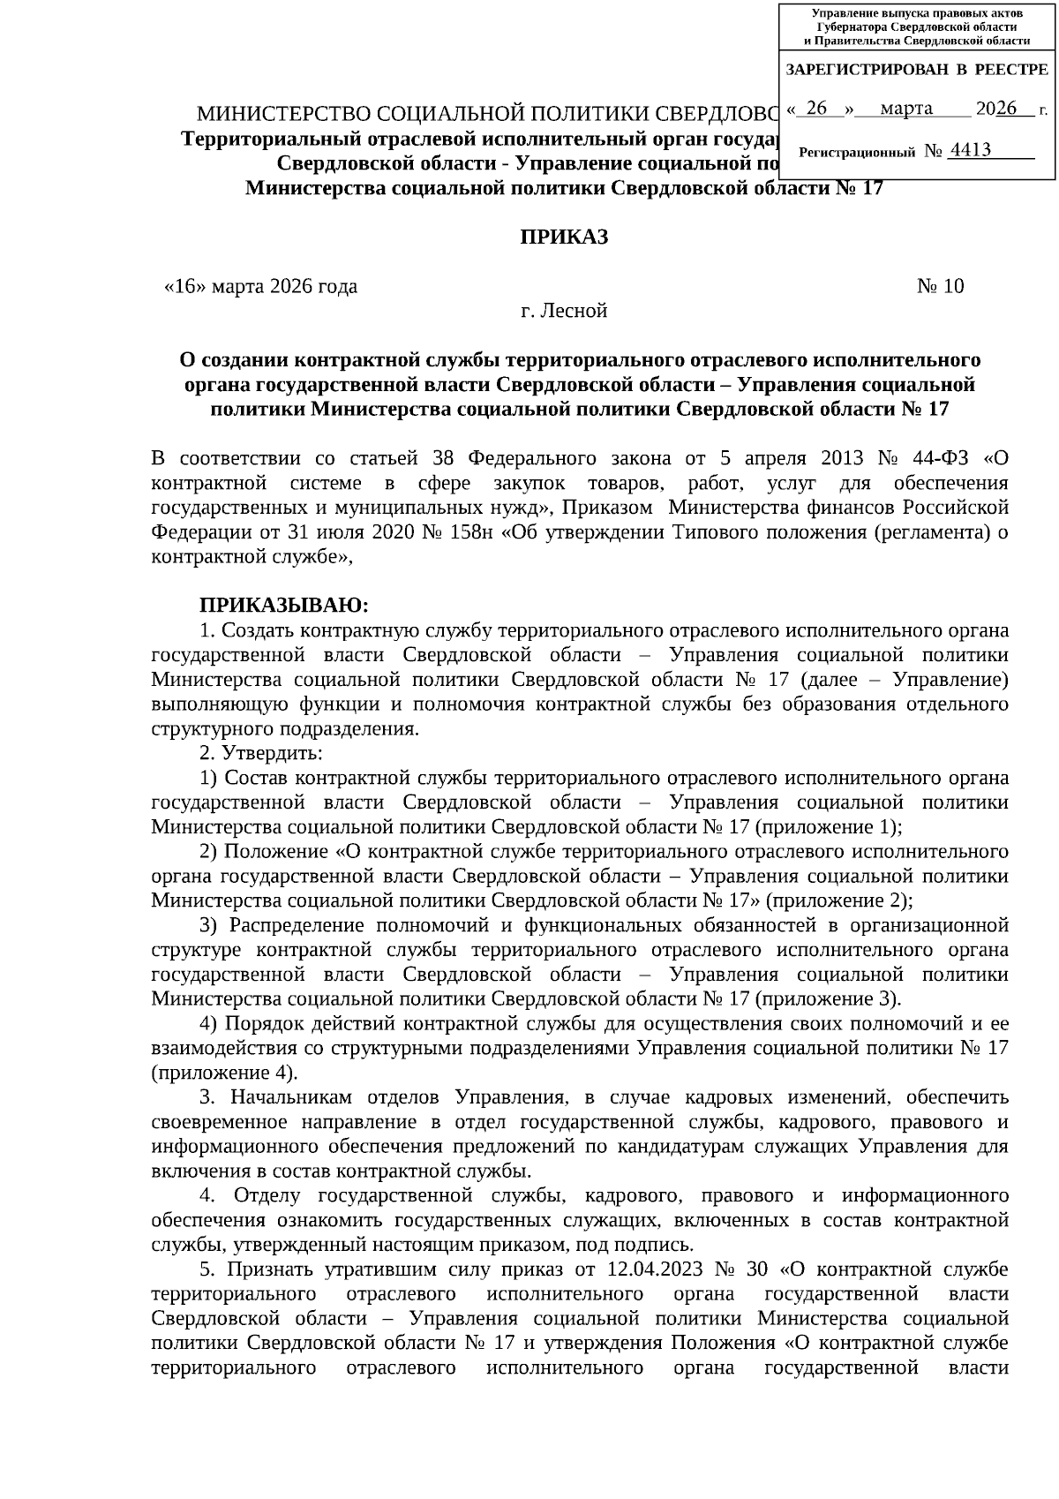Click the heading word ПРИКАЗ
[563, 237]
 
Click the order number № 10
[940, 286]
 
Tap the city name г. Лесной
[563, 311]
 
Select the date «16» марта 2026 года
[261, 286]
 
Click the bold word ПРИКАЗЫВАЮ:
[283, 606]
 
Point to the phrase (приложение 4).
[225, 1073]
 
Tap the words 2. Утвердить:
[260, 753]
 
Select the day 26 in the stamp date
[817, 109]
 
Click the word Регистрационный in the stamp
[856, 153]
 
